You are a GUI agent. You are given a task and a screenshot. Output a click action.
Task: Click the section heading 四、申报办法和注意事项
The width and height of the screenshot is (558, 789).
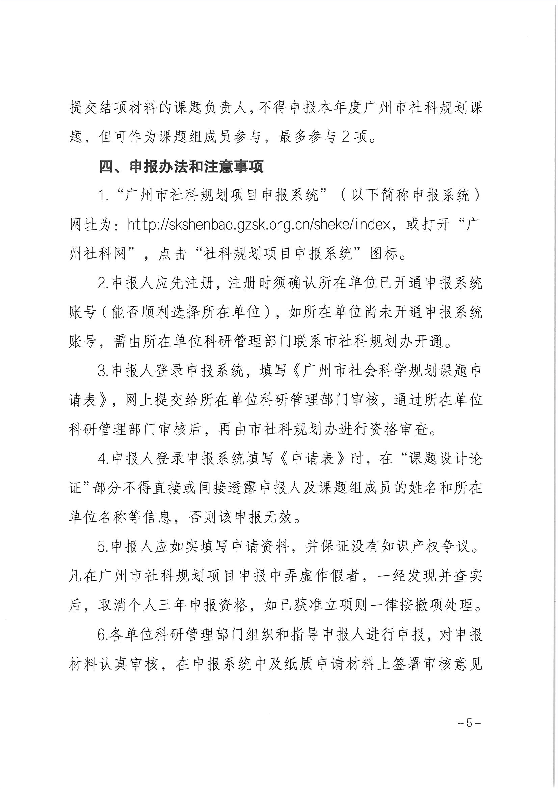(181, 167)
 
